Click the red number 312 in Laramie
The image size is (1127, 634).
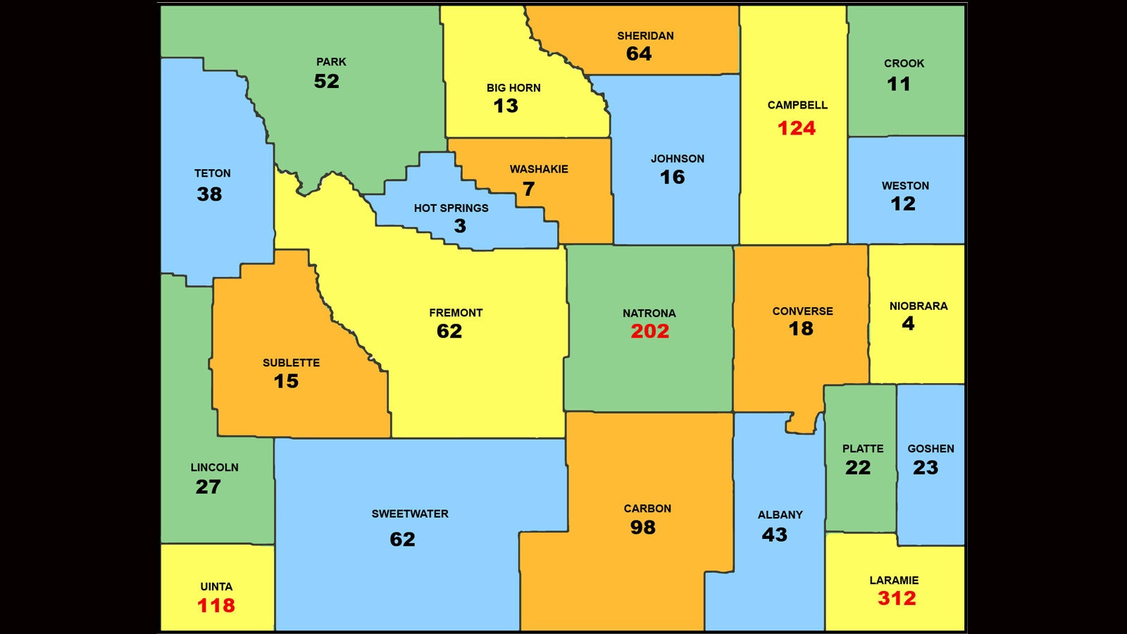point(897,599)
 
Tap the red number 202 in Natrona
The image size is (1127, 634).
point(649,331)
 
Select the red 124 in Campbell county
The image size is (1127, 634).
point(797,128)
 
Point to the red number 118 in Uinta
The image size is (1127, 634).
point(216,605)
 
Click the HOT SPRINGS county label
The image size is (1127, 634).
point(451,208)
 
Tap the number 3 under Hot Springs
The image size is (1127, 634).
point(460,226)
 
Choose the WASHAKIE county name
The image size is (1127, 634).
point(539,169)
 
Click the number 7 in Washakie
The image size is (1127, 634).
point(529,189)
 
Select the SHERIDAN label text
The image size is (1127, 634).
point(645,36)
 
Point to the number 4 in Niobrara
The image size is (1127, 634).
point(909,323)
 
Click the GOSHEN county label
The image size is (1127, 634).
point(930,449)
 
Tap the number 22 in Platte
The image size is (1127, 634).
point(858,468)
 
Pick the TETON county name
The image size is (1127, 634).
point(212,173)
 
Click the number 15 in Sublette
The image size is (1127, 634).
point(286,381)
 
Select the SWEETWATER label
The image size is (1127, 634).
point(410,514)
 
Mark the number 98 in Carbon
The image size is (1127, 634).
point(642,528)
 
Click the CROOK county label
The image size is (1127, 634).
point(904,63)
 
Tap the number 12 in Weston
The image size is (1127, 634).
point(903,204)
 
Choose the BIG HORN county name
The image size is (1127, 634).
point(513,88)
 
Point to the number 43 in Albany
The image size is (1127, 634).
point(774,535)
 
